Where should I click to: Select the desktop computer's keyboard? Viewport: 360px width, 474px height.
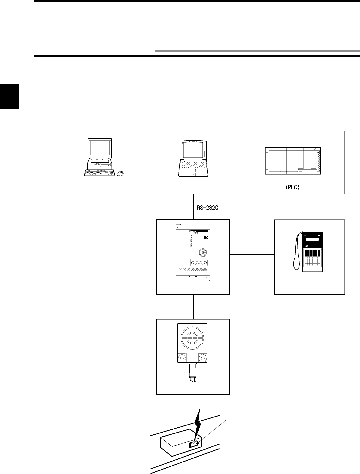pos(100,173)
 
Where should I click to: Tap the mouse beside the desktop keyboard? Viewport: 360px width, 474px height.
pos(120,173)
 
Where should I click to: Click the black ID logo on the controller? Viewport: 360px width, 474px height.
pos(206,238)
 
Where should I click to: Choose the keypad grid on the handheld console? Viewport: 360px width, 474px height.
pos(313,259)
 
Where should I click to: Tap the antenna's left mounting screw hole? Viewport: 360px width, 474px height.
pos(181,358)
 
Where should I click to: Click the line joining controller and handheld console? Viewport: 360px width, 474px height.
pos(252,255)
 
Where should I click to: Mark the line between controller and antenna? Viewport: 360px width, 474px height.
pos(193,307)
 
